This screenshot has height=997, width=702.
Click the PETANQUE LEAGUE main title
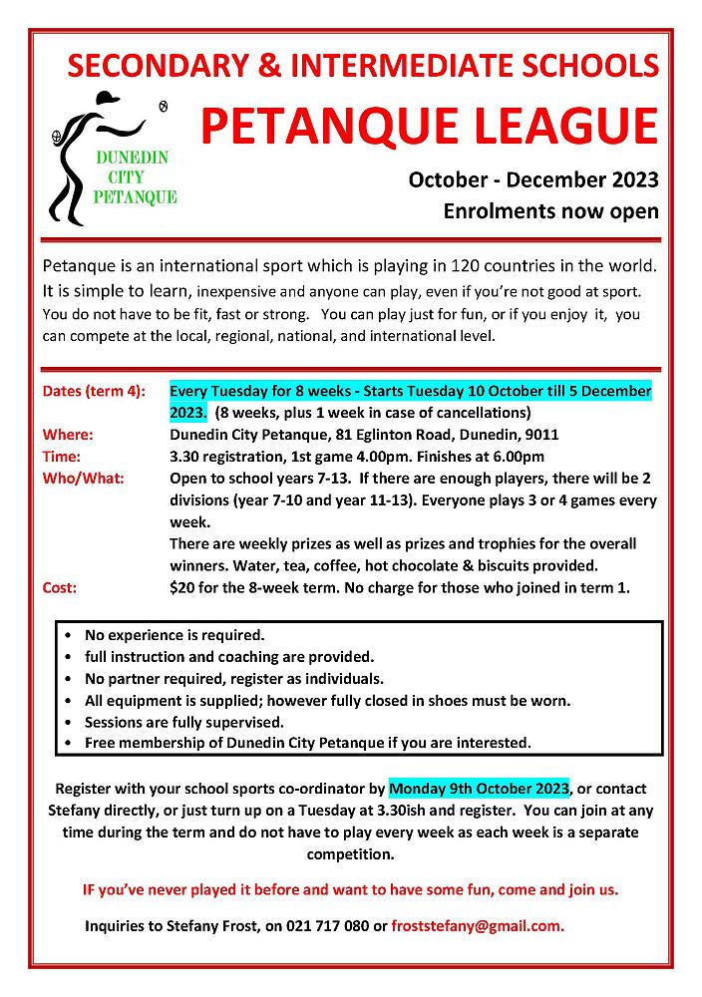tap(429, 127)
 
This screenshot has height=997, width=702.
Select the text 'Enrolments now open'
tap(550, 211)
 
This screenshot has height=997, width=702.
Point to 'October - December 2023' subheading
tap(533, 180)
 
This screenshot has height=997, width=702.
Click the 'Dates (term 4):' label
tap(94, 390)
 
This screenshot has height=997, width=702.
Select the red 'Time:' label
tap(63, 457)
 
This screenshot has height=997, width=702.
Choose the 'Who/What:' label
tap(83, 479)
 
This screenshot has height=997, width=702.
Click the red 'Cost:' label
tap(60, 588)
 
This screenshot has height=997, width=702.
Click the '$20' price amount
tap(182, 588)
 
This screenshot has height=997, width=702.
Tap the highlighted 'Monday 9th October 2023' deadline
tap(479, 785)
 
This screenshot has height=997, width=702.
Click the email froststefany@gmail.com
tap(478, 925)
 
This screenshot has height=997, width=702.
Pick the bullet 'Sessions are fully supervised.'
tap(184, 722)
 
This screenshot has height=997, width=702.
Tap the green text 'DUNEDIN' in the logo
tap(130, 159)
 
